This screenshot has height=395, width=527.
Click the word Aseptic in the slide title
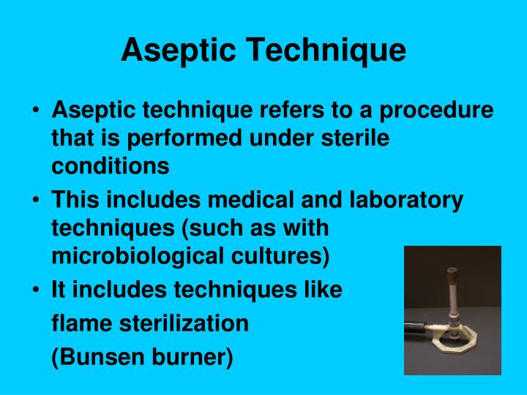(179, 50)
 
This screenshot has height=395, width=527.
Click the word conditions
(110, 166)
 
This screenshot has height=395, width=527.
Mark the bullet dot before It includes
(37, 290)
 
